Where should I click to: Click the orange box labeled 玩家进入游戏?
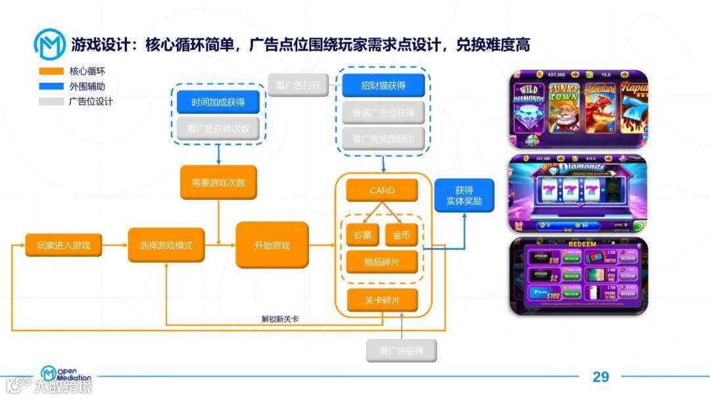[x=58, y=245]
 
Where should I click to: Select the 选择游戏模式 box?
[x=166, y=245]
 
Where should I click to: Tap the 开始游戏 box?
[x=272, y=245]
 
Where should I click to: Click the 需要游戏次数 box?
[x=218, y=183]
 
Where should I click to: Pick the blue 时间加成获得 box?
[x=218, y=103]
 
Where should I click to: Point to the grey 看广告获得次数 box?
[x=218, y=128]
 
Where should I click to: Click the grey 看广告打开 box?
[x=298, y=85]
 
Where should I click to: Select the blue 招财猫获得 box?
[x=383, y=85]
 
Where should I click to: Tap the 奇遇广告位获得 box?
[x=383, y=112]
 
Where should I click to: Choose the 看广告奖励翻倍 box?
[x=383, y=139]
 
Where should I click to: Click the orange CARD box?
[x=381, y=191]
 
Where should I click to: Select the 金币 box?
[x=401, y=235]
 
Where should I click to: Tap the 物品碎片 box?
[x=381, y=262]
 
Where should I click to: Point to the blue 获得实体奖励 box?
[x=463, y=195]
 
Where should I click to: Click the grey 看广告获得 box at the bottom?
[x=401, y=350]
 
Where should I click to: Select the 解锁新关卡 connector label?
[x=280, y=319]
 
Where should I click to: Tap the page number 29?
[x=600, y=377]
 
